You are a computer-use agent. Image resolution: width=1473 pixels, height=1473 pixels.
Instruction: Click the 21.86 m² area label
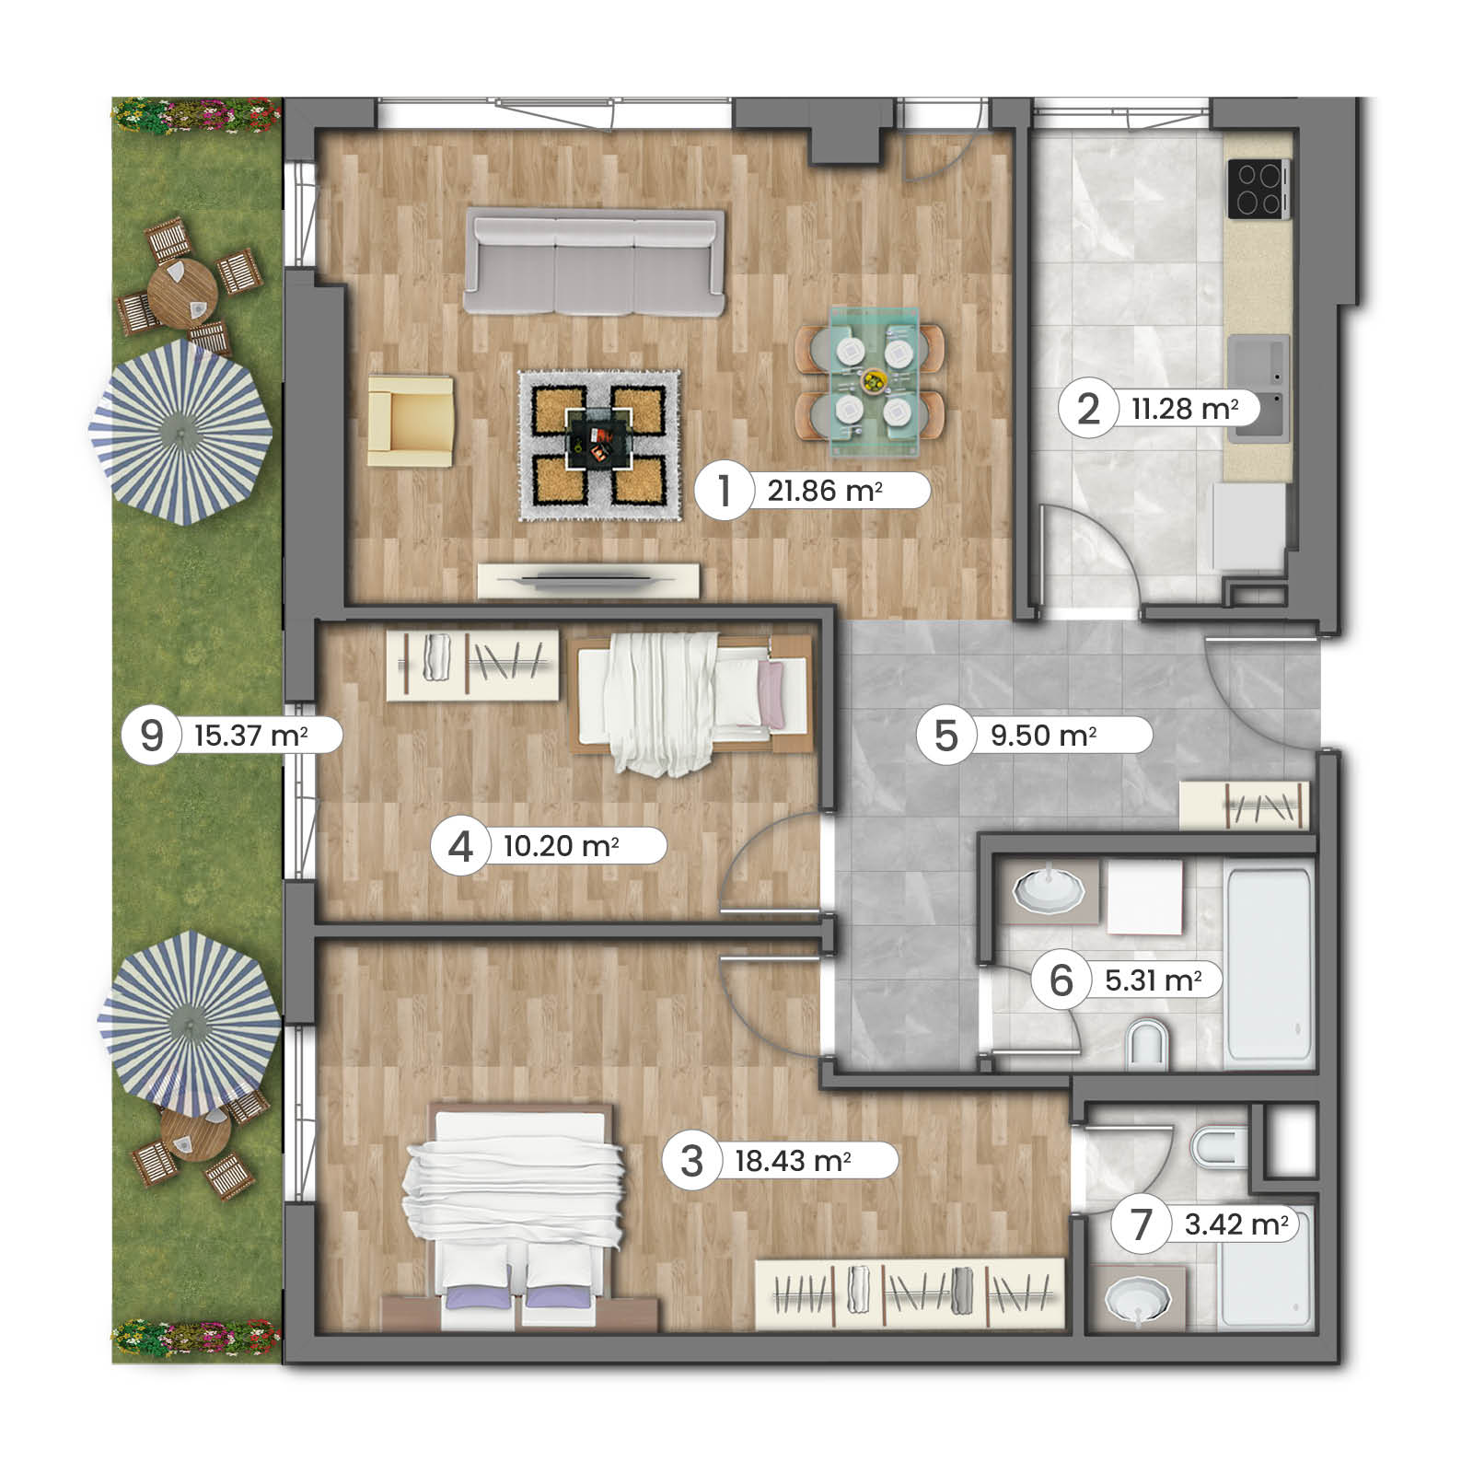click(x=825, y=491)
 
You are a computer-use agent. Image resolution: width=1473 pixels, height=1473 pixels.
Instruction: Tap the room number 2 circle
click(x=1087, y=409)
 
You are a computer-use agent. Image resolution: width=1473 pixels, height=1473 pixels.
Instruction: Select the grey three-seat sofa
click(x=594, y=262)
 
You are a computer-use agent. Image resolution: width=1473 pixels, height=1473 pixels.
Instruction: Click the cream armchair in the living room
click(x=411, y=420)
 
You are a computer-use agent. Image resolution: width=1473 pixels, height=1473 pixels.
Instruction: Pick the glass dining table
click(x=874, y=380)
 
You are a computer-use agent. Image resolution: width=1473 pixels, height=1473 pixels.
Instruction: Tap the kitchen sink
click(x=1258, y=388)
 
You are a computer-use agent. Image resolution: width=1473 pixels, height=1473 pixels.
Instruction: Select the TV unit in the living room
click(x=588, y=580)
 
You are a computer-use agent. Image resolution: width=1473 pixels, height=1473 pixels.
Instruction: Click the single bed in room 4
click(x=692, y=695)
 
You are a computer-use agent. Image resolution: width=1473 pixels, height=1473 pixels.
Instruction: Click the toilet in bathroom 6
click(x=1147, y=1045)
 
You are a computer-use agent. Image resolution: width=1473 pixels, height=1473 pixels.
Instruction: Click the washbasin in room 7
click(x=1138, y=1299)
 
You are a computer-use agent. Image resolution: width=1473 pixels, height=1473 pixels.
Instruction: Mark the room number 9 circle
click(x=151, y=736)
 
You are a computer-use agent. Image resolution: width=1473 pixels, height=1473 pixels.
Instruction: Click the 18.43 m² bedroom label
click(x=792, y=1160)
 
